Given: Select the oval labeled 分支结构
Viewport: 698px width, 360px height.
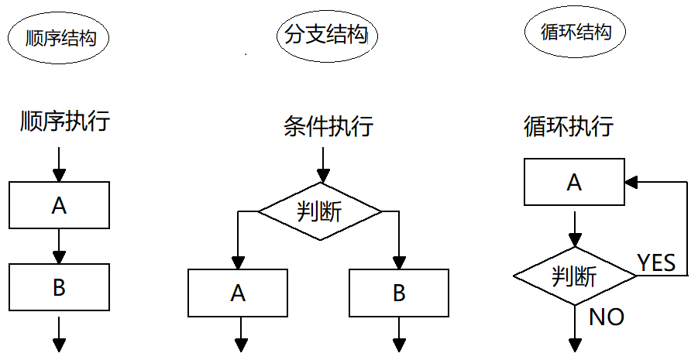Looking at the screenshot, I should [322, 36].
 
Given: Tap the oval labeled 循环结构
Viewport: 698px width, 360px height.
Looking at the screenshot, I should [575, 33].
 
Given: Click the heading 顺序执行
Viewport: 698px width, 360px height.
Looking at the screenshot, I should [64, 122].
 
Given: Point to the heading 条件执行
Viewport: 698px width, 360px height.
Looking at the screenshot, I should [328, 125].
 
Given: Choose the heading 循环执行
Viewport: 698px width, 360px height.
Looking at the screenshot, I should [568, 125].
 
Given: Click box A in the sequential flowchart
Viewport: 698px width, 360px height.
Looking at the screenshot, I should [59, 206].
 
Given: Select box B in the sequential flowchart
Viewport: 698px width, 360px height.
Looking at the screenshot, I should [59, 288].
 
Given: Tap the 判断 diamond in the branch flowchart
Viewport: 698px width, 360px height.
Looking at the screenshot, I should [319, 211].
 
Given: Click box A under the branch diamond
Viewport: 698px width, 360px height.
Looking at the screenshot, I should [239, 293].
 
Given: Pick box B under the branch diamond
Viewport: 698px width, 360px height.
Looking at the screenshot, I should [399, 293].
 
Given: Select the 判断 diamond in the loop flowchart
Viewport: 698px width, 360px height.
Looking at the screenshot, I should [574, 275].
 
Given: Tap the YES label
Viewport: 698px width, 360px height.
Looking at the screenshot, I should [655, 263].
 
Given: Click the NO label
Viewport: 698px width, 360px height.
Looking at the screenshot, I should [607, 317].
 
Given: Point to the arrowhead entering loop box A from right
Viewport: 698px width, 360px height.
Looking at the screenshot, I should [631, 183].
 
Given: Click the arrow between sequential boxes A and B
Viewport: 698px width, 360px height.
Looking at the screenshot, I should [59, 247].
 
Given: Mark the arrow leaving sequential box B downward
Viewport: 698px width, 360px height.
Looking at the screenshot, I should [59, 331].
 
